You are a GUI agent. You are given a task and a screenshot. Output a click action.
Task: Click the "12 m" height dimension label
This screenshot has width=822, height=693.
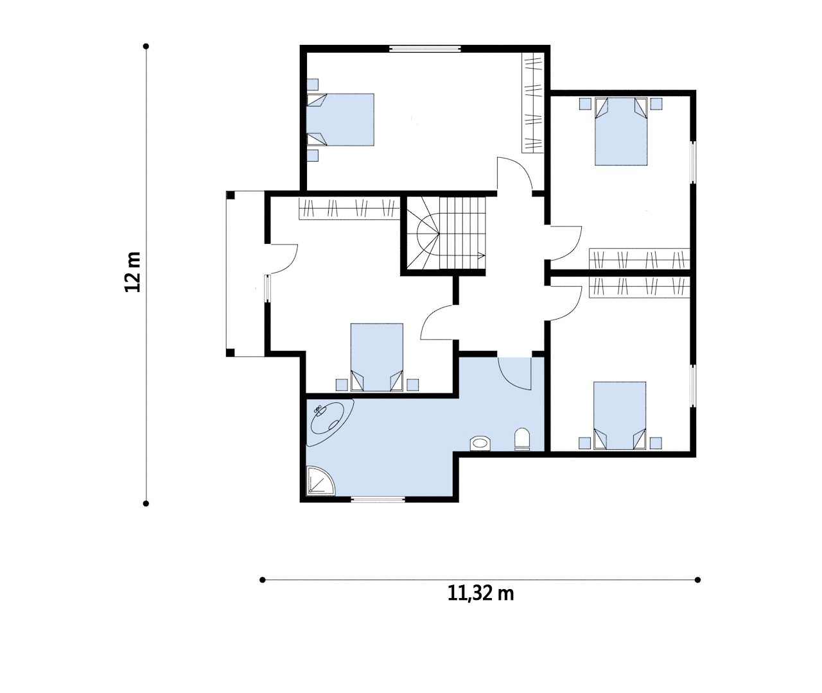pos(132,272)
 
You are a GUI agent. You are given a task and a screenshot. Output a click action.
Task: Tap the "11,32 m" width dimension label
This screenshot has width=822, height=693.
pos(481,593)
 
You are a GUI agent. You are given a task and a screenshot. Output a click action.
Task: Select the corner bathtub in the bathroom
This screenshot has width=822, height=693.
pos(330,422)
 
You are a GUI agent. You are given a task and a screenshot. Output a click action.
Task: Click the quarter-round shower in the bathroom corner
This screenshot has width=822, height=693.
pos(320,480)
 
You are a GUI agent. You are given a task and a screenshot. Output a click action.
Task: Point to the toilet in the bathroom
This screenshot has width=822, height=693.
pos(522,439)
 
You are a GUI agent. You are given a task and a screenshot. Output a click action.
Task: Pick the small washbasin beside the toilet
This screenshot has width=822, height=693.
pos(480,443)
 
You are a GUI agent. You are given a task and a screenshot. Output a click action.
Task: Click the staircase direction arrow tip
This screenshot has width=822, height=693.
pos(484,255)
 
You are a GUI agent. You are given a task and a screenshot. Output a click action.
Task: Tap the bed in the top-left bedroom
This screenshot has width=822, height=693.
pos(340,119)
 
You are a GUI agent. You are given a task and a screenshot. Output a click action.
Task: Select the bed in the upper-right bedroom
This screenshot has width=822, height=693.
pos(621,132)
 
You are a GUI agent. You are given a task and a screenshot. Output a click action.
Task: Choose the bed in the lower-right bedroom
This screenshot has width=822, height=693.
pos(620,415)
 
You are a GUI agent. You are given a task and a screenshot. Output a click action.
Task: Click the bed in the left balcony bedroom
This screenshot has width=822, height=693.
pos(377,357)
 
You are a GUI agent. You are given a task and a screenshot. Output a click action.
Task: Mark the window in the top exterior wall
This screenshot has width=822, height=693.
pos(424,49)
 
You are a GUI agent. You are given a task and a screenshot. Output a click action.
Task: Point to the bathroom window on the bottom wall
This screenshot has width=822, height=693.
pos(378,499)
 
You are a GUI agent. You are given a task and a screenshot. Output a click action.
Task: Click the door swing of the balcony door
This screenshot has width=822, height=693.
pos(290,264)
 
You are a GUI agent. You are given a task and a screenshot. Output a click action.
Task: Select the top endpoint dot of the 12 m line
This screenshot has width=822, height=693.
pos(146,46)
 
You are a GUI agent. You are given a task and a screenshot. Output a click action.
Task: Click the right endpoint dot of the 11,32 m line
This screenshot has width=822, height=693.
pos(697,579)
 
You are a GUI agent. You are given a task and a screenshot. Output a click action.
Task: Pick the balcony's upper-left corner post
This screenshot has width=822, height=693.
pos(231,195)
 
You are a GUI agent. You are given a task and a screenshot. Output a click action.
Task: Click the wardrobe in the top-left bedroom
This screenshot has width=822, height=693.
pos(532,103)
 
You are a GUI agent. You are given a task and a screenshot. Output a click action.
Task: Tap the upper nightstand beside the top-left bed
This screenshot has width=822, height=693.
pos(313,85)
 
